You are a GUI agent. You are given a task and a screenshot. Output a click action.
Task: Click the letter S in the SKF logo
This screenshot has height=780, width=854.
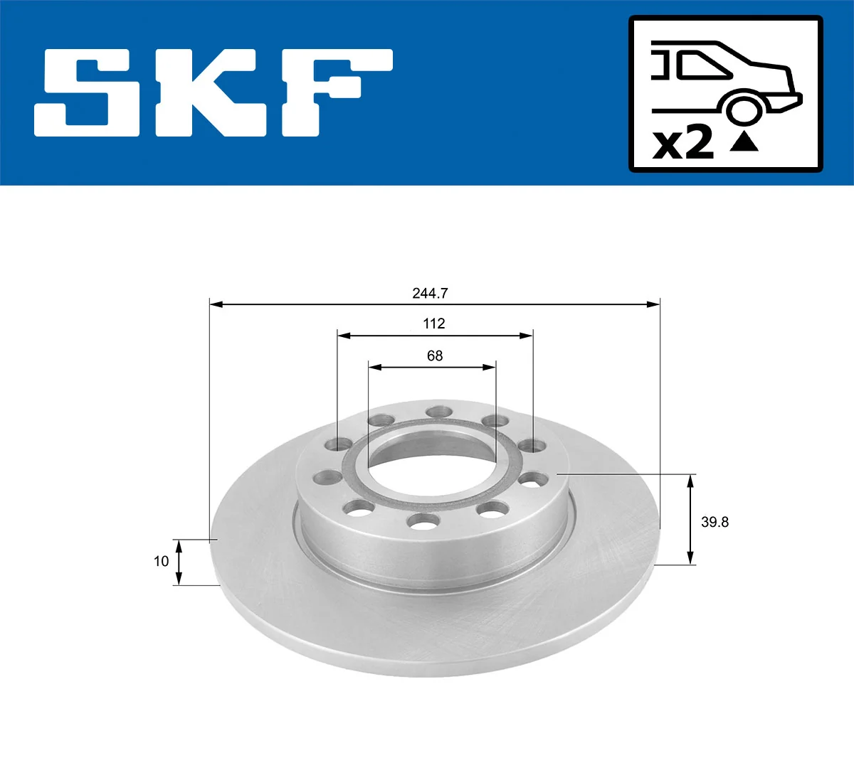(88, 92)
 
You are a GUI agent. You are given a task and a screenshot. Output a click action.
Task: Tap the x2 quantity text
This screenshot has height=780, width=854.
(683, 143)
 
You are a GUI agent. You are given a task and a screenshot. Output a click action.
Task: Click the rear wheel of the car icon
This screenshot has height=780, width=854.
(742, 111)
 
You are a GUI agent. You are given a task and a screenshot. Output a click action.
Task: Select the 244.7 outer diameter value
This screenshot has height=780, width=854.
(430, 293)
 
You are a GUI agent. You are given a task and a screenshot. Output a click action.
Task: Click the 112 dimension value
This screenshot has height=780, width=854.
(434, 324)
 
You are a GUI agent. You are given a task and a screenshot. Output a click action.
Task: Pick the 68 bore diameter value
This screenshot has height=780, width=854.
(435, 356)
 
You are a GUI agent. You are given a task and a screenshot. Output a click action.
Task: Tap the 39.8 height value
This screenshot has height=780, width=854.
(715, 522)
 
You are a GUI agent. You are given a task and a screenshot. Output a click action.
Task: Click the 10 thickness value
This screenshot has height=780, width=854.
(162, 561)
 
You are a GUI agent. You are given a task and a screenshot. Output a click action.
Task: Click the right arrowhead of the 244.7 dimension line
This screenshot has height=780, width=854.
(654, 304)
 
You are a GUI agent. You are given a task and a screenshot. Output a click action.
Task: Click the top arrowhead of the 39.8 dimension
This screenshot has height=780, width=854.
(690, 481)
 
